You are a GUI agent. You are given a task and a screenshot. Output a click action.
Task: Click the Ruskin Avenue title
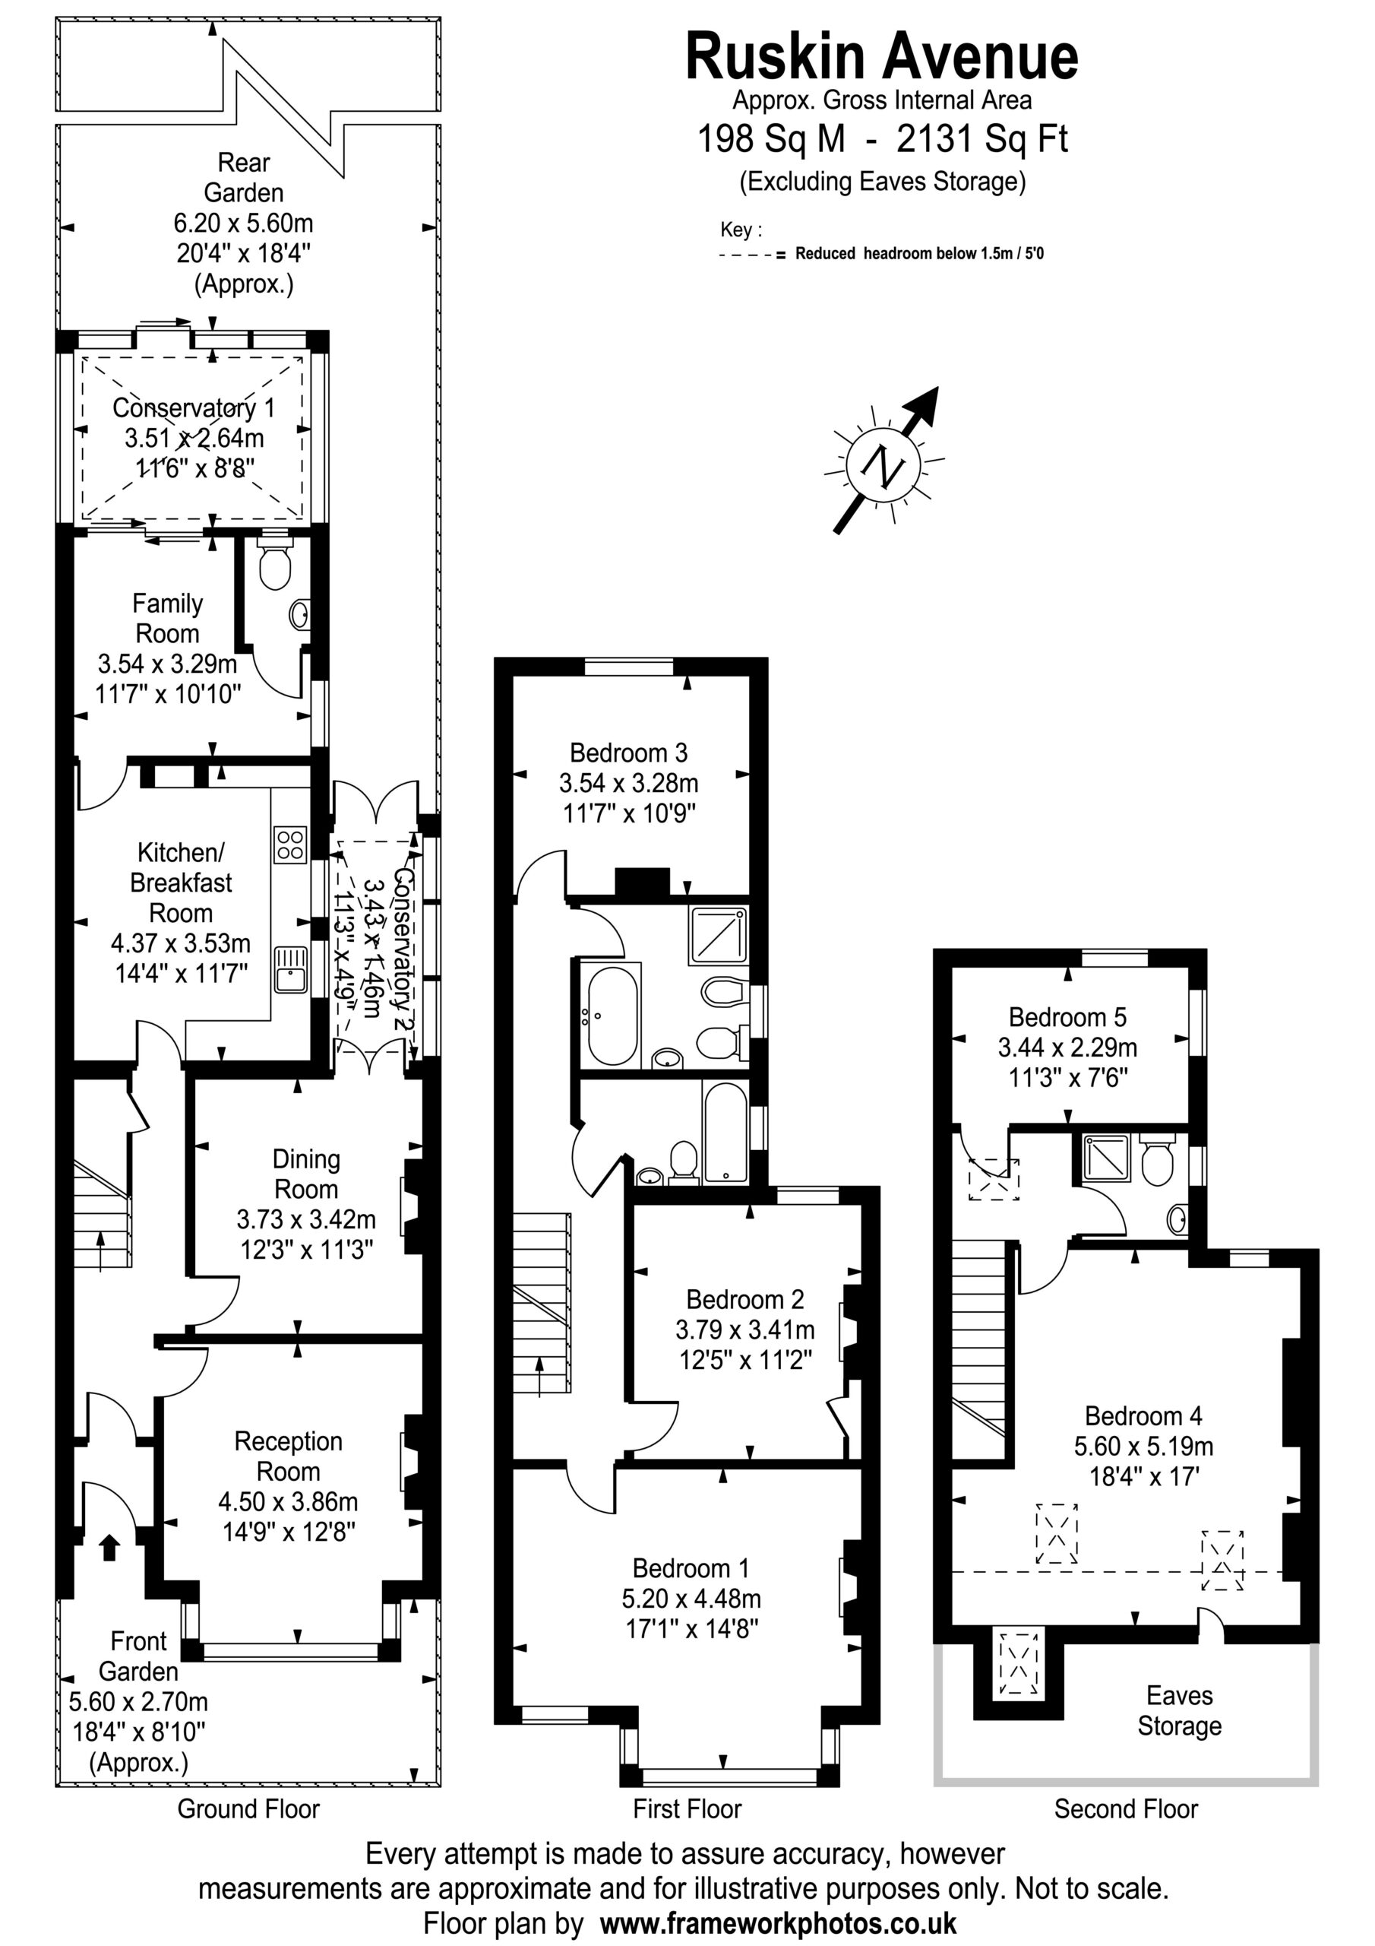tap(881, 57)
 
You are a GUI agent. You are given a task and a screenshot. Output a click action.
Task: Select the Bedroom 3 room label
tap(628, 753)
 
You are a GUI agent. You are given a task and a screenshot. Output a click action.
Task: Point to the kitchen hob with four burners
tap(289, 845)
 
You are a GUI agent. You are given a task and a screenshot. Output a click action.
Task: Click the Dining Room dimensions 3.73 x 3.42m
tap(306, 1219)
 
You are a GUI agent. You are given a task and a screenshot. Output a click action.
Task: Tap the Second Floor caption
tap(1126, 1808)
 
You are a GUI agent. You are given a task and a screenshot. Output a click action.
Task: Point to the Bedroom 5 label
tap(1067, 1016)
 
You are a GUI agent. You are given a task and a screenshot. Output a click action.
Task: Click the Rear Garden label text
tap(244, 177)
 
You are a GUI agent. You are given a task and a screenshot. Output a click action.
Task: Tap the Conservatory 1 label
tap(194, 407)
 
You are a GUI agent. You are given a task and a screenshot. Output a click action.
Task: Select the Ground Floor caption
tap(248, 1808)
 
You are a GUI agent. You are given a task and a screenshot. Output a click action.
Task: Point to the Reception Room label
tap(288, 1456)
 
